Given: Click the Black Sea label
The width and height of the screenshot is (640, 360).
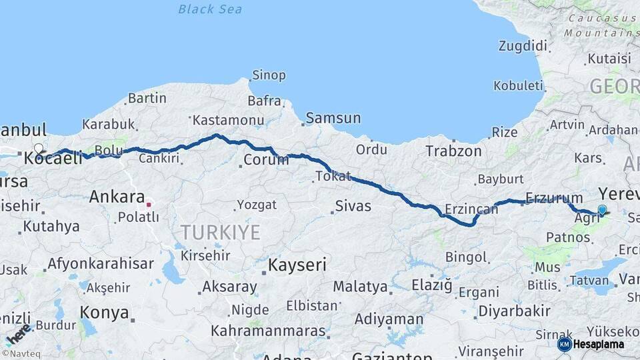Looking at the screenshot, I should coord(210,9).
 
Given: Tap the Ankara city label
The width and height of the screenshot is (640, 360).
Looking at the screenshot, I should coord(117,197).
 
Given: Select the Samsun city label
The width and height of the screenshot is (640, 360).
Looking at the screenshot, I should coord(333,118).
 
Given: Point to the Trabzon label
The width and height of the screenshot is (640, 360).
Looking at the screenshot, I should coord(453,151).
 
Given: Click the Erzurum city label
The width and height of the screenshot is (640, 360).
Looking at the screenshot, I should coord(554,197).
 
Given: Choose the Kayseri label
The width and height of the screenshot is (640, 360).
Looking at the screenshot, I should coord(297,265).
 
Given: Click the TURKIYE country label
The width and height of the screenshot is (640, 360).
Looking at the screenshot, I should coord(220,232).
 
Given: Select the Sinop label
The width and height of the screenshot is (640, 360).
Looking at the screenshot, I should coord(269,75).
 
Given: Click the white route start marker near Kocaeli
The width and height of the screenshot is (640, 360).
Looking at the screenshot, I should coord(39,149).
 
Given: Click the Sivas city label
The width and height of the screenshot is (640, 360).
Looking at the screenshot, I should coord(353,206).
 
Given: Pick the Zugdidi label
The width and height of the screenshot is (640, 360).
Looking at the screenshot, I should coord(523,46).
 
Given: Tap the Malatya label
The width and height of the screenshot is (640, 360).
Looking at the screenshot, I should coord(360,287).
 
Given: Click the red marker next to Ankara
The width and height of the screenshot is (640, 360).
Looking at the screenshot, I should coord(149,205).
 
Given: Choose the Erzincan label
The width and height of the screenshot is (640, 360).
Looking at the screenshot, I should coord(471,209).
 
